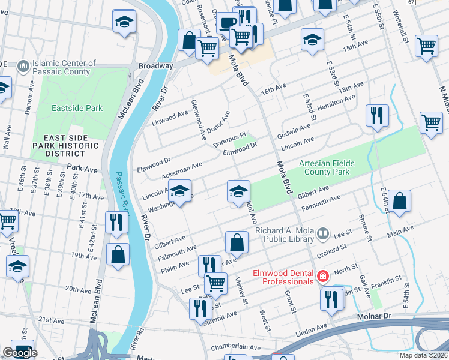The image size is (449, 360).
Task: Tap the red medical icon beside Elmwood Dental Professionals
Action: point(323,275)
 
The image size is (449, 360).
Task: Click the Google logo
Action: point(20,353)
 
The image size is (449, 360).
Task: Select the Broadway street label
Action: point(156,65)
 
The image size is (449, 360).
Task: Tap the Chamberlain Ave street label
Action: point(235,347)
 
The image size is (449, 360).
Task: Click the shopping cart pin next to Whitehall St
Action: point(426,45)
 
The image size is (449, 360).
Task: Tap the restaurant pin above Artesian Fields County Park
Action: point(376,115)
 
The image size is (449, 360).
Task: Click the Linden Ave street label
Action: point(312,329)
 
